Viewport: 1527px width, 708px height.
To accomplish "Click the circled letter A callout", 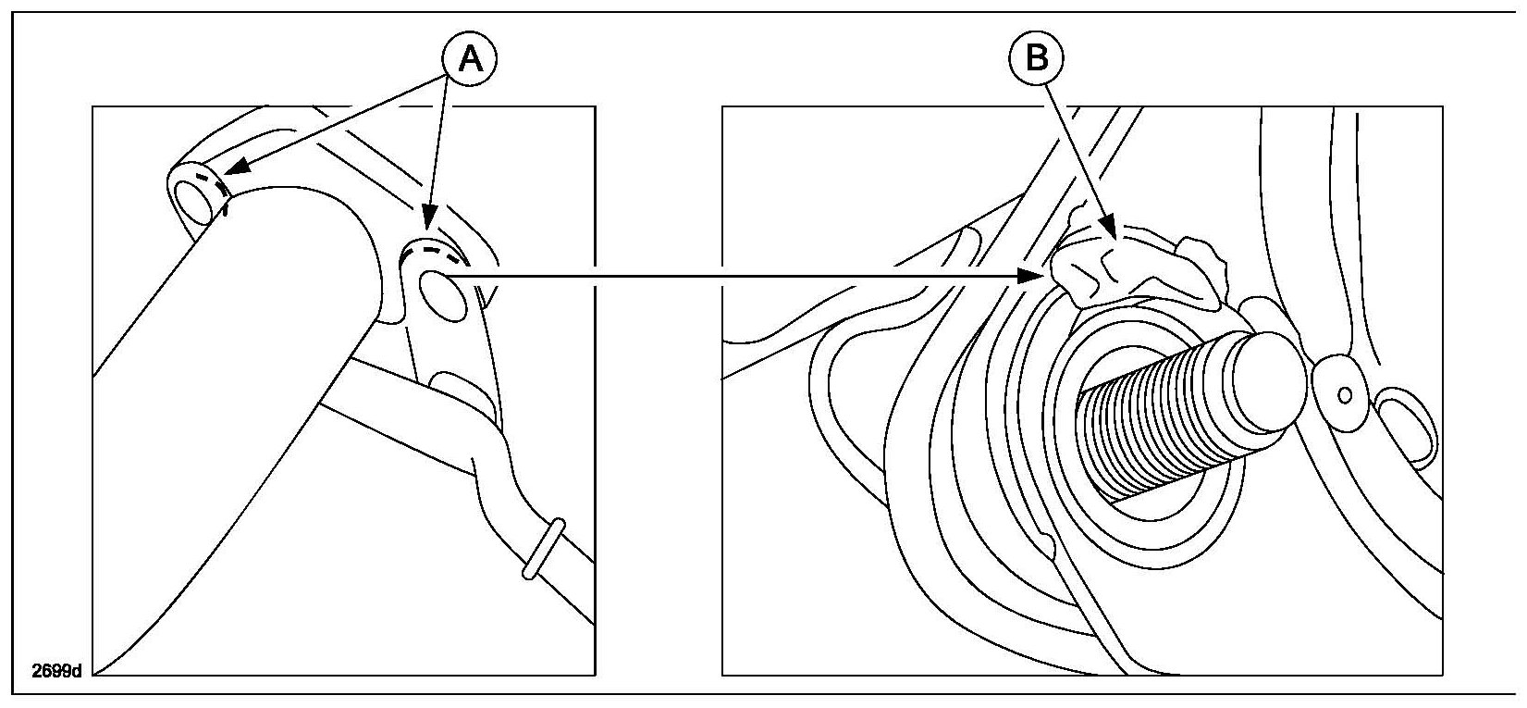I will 470,59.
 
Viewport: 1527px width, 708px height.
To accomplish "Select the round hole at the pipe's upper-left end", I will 193,197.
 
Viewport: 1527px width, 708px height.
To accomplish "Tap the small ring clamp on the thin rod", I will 542,550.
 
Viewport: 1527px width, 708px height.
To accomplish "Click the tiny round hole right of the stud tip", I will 1345,395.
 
